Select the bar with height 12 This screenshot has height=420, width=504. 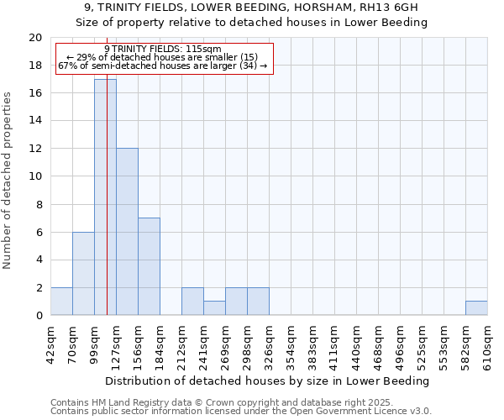[127, 232]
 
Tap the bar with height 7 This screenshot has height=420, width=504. [149, 266]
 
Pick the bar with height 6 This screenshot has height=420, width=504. [83, 274]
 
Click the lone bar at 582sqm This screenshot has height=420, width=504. [476, 308]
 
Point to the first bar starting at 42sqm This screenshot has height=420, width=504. [61, 302]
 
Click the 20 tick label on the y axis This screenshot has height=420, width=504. [34, 38]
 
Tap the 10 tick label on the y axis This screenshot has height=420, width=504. [34, 176]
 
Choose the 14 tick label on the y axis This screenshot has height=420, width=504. [34, 121]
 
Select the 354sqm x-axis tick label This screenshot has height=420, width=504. [291, 345]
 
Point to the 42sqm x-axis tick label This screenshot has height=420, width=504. [50, 344]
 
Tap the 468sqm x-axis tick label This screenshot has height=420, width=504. [378, 345]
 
